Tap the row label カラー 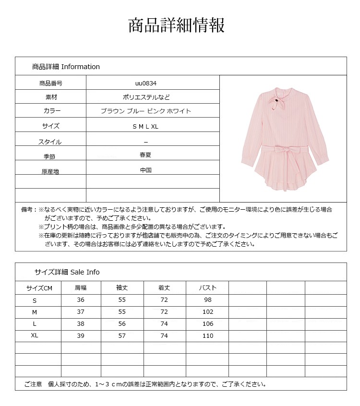pyautogui.click(x=51, y=111)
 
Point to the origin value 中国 pyautogui.click(x=146, y=170)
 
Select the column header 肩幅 pyautogui.click(x=81, y=288)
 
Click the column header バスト pyautogui.click(x=208, y=288)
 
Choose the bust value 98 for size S pyautogui.click(x=208, y=300)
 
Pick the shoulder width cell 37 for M pyautogui.click(x=81, y=312)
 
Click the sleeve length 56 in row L pyautogui.click(x=122, y=324)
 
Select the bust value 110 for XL pyautogui.click(x=208, y=336)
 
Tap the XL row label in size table pyautogui.click(x=35, y=335)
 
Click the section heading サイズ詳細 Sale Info pyautogui.click(x=67, y=272)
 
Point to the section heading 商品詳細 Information pyautogui.click(x=66, y=67)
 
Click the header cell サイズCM pyautogui.click(x=39, y=288)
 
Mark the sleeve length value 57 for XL pyautogui.click(x=122, y=336)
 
